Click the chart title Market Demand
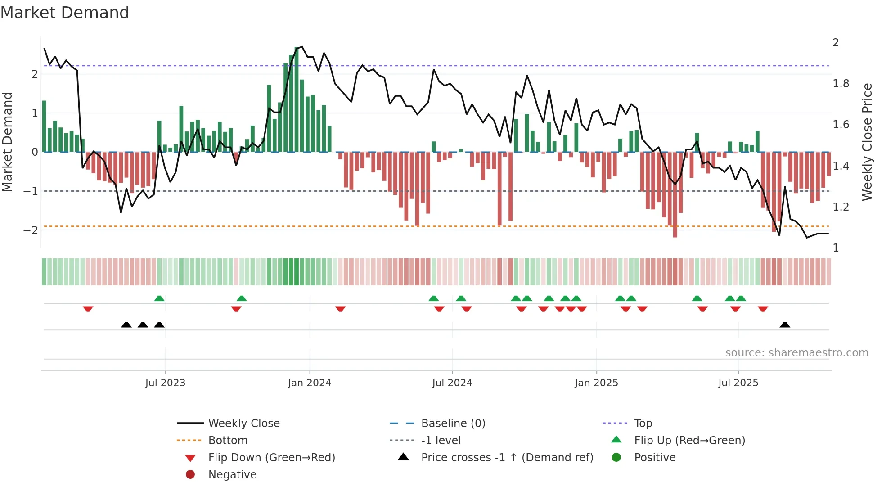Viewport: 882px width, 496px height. (65, 13)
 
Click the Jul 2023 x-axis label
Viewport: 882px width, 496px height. (165, 383)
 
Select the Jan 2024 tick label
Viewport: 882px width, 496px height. (310, 383)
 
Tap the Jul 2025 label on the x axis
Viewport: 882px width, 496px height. (738, 383)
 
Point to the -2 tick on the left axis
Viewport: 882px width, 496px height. (31, 230)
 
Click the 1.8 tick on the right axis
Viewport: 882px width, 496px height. (841, 84)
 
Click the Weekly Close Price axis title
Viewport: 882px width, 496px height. (867, 142)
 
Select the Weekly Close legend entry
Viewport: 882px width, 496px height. (243, 424)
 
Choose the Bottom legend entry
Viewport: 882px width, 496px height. (228, 441)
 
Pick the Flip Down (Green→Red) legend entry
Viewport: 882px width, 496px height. (271, 458)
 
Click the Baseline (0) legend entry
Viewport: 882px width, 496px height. (453, 424)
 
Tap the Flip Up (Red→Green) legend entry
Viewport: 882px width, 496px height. (689, 441)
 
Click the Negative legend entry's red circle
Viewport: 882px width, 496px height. (190, 475)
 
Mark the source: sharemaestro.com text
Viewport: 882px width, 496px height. (796, 353)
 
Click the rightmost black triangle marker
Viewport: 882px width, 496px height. (785, 325)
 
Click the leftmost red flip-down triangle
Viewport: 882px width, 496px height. (88, 309)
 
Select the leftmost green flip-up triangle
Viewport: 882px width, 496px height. (159, 298)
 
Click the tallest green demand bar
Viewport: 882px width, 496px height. (297, 99)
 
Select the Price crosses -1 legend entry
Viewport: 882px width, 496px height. (507, 458)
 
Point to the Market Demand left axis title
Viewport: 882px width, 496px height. (7, 142)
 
